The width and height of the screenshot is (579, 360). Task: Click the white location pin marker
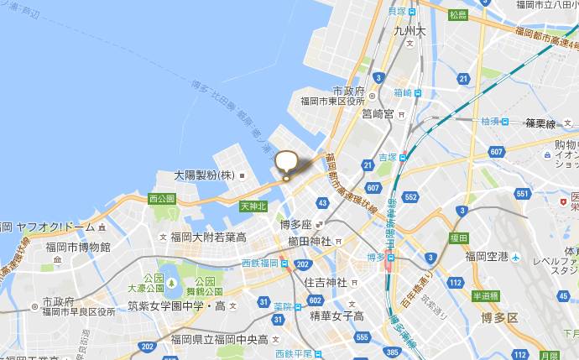(x=286, y=163)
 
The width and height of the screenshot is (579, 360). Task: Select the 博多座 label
(x=295, y=225)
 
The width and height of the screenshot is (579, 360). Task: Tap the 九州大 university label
(x=409, y=32)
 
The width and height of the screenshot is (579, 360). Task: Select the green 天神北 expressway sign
(x=253, y=206)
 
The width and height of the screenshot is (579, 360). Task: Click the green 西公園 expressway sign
(x=160, y=199)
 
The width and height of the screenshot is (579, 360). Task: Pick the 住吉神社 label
(x=325, y=281)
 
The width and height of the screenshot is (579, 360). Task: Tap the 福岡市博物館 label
(x=77, y=247)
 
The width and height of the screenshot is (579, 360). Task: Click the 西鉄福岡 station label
(x=260, y=263)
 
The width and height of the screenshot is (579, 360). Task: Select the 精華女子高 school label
(x=336, y=316)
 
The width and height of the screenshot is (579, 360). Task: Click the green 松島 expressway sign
(x=457, y=15)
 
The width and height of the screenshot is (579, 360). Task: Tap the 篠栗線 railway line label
(x=540, y=123)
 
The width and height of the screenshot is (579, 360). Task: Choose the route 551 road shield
(x=523, y=194)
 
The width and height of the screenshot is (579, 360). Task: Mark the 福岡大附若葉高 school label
(x=207, y=237)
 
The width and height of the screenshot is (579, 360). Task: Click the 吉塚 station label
(x=388, y=157)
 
